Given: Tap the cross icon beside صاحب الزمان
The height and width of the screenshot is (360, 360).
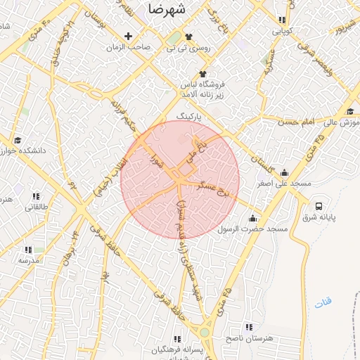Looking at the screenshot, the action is coord(128,36).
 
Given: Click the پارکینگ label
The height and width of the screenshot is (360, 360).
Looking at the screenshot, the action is coord(188,114).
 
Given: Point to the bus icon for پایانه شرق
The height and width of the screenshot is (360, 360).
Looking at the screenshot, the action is coord(320,207).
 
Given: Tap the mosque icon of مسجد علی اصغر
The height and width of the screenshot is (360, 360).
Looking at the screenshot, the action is coord(284,172).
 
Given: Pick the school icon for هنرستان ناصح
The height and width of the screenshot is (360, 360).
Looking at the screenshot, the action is coord(248,327).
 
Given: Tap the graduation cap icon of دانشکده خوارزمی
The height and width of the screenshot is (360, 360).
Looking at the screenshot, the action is coord(18,140).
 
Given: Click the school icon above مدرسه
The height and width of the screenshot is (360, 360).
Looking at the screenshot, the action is coord(28,250).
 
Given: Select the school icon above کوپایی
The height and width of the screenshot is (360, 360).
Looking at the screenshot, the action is coord(282,20).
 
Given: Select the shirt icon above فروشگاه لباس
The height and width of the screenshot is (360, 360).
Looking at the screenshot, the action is coord(202,74).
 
